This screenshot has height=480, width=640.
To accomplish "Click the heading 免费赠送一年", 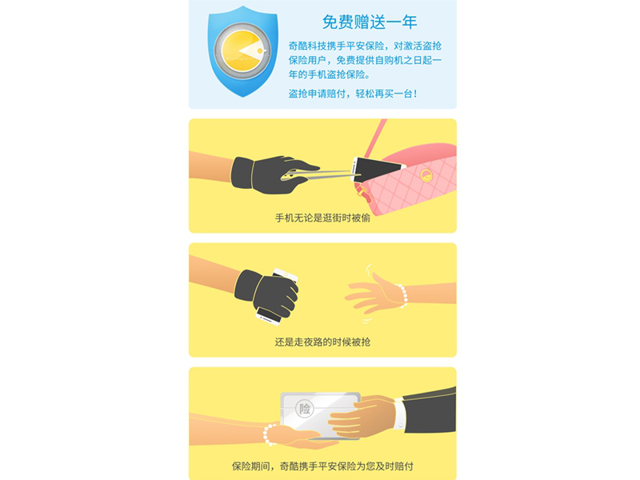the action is coord(370,22).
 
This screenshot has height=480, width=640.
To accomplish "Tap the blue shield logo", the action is coord(243,51).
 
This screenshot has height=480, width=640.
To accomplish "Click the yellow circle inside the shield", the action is coord(242,50).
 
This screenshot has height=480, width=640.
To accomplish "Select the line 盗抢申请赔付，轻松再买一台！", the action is coord(353,94).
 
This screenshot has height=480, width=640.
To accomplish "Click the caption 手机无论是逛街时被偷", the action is coord(322,218).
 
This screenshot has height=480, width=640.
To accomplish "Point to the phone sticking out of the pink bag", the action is coord(376,169).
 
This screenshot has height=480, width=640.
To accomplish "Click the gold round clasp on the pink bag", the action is coord(426,175).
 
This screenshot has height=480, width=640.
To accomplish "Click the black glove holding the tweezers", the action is coord(271,174).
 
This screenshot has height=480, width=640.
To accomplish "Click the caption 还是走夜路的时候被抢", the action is coord(322,342).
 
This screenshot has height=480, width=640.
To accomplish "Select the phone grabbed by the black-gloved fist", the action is coord(278,297).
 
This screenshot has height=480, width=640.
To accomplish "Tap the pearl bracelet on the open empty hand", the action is coord(402,295).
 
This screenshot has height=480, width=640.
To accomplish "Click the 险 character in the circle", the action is coord(305,408).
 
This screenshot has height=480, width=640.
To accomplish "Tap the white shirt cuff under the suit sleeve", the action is coord(399,414).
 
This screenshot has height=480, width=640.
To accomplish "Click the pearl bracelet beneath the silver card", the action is coord(270,434).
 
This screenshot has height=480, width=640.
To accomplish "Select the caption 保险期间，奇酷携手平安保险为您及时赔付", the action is coord(322,466).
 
